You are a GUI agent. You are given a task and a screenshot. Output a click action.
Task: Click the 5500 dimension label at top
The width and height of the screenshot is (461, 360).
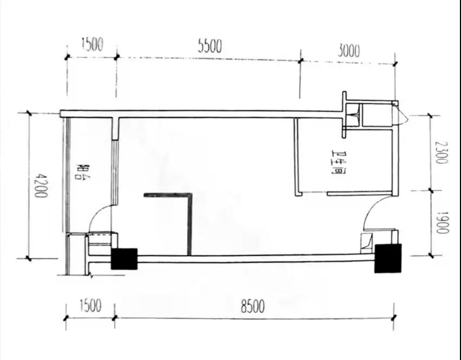click(209, 46)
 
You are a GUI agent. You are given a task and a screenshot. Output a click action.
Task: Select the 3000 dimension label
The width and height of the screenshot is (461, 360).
click(348, 51)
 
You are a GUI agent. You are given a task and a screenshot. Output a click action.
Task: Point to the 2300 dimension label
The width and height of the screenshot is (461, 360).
click(441, 152)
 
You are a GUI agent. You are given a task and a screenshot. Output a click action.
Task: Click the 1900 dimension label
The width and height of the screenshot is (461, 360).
click(441, 222)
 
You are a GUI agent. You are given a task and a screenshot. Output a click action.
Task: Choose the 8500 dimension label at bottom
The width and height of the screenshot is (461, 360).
click(253, 307)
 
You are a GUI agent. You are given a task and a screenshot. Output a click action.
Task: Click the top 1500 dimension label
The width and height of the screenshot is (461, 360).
click(92, 44)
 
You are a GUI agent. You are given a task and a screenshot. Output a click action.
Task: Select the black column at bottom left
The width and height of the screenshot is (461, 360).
click(124, 259)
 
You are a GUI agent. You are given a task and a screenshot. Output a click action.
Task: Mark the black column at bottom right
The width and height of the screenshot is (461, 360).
click(388, 258)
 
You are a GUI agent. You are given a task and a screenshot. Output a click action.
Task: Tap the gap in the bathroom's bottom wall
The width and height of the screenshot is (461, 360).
click(314, 193)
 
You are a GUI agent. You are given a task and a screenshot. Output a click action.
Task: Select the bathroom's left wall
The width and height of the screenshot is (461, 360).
click(296, 157)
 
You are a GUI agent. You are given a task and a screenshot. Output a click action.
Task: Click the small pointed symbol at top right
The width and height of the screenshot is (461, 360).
click(401, 117)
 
